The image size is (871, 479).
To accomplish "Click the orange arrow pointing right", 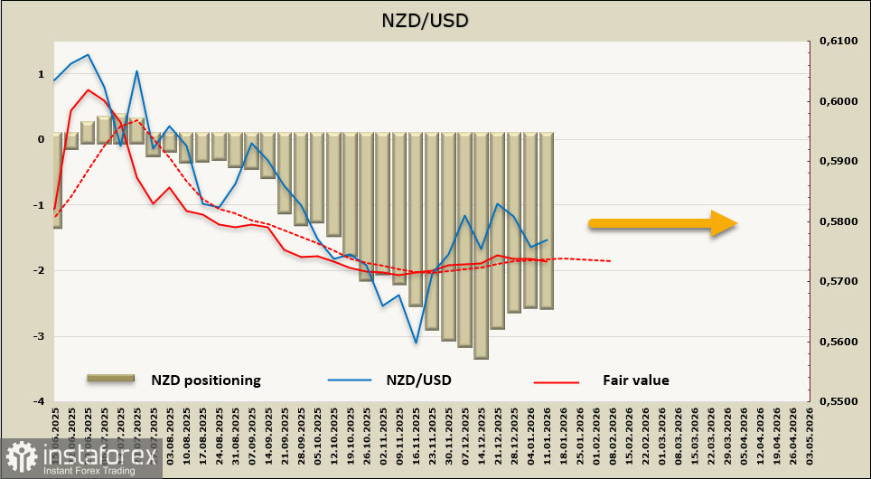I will click(663, 222).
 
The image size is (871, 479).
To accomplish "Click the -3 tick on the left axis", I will click(41, 336).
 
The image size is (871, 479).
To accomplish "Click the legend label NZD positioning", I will click(206, 380).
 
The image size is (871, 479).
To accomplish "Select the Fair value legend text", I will click(636, 380).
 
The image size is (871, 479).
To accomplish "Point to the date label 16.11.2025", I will click(416, 435).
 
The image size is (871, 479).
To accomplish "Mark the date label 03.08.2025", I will click(170, 435).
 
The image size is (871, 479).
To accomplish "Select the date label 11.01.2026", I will click(546, 435).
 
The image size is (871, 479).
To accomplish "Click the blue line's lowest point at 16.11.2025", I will click(416, 343).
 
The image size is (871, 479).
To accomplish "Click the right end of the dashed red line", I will click(611, 261).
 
